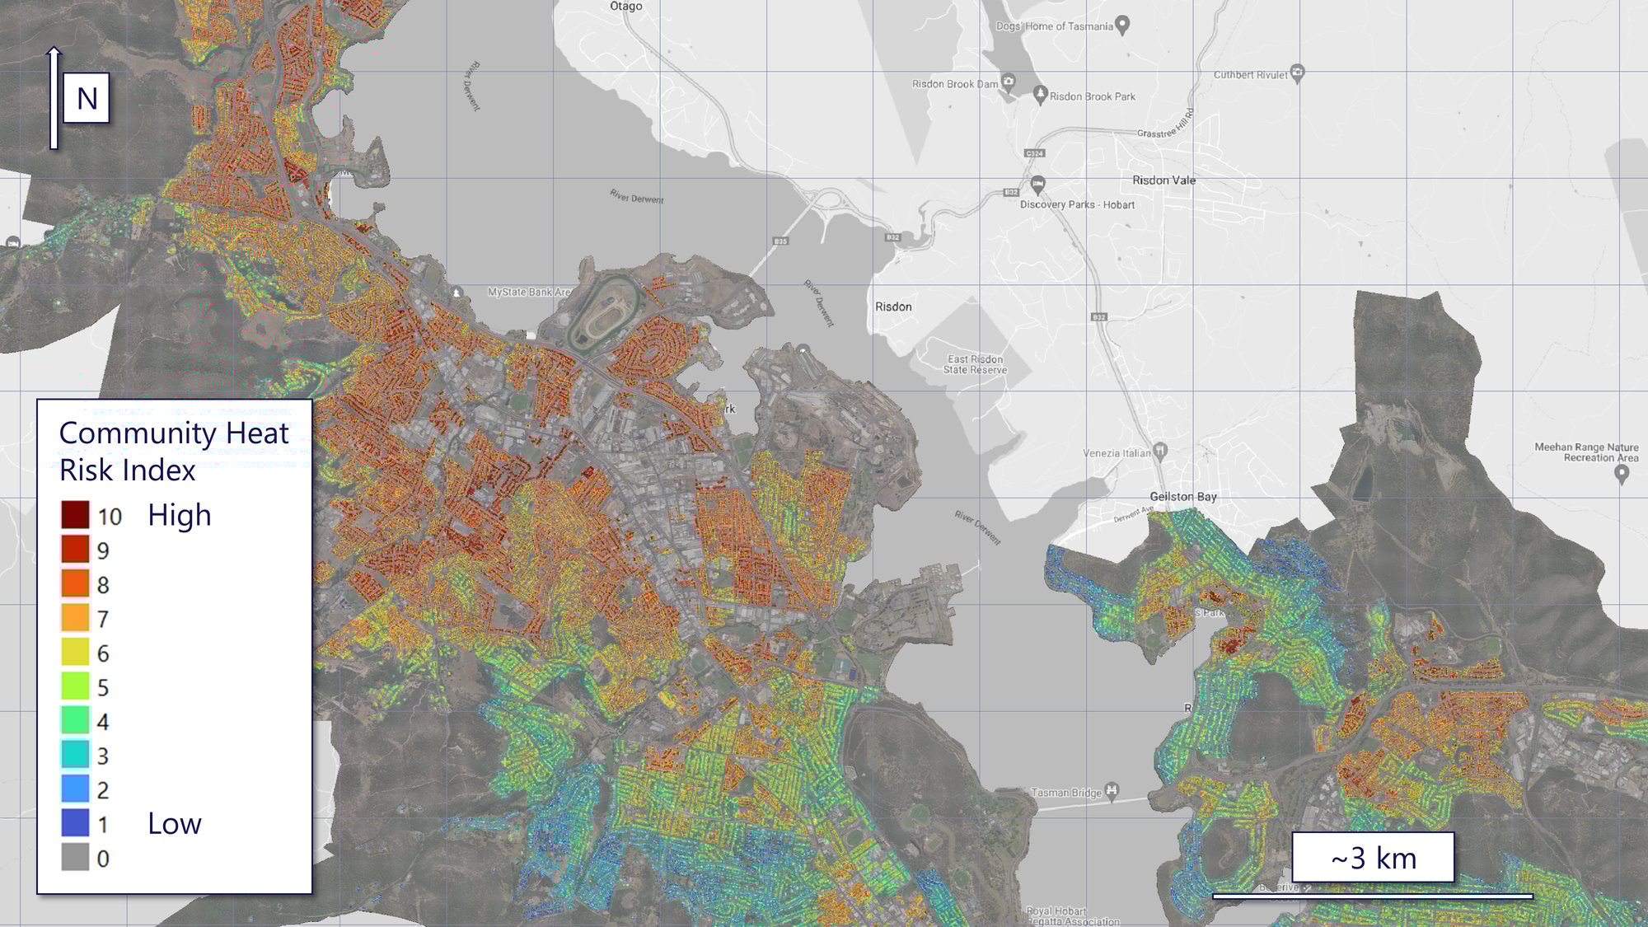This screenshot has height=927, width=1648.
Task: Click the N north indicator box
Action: pos(87,99)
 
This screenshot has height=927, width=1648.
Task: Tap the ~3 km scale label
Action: pos(1373,859)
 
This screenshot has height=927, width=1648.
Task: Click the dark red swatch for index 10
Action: pos(75,515)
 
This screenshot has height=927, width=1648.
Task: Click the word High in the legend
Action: pos(179,515)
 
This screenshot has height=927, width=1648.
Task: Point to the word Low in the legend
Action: pos(174,823)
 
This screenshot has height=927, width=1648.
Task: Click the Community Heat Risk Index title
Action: pos(173,451)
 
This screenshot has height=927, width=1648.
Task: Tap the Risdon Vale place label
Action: pos(1163,180)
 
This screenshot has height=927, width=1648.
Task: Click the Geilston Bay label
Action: pos(1182,497)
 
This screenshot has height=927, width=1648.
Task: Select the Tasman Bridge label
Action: pos(1065,793)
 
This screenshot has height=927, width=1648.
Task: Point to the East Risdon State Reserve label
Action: pos(975,364)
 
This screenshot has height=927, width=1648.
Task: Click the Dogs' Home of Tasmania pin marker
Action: pos(1121,25)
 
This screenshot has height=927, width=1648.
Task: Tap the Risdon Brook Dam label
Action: pos(954,84)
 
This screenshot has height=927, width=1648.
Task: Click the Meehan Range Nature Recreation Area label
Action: pos(1585,452)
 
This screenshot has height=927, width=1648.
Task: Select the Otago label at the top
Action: pos(625,7)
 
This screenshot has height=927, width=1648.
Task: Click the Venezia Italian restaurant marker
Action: pos(1160,450)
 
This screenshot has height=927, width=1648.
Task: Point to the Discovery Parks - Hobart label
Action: pos(1077,205)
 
